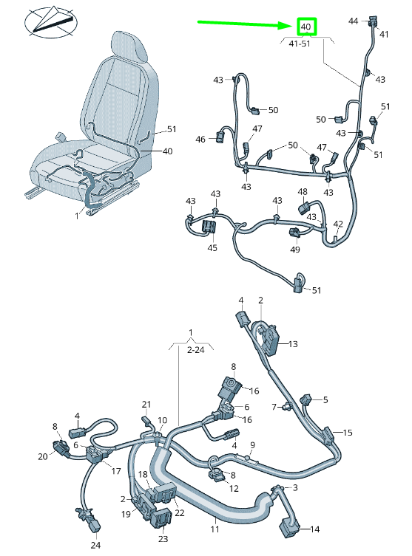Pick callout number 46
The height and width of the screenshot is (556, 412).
(x=200, y=139)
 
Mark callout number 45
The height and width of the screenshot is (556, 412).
(x=212, y=247)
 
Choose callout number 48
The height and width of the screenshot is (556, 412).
(x=303, y=192)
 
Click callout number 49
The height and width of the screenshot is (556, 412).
(x=295, y=250)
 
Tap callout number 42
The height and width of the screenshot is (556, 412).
(x=338, y=224)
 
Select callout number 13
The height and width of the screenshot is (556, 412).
(x=293, y=344)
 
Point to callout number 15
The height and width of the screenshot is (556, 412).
(x=348, y=432)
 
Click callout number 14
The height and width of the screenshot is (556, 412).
(x=314, y=529)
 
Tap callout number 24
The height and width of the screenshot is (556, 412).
(x=95, y=546)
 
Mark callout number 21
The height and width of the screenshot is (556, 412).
(x=146, y=404)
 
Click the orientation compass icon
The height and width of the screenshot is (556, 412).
(x=51, y=21)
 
